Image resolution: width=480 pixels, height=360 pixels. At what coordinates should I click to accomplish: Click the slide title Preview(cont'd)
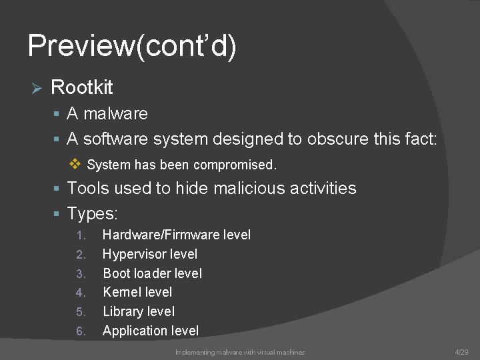[132, 47]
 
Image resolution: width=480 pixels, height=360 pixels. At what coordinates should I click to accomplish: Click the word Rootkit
[81, 87]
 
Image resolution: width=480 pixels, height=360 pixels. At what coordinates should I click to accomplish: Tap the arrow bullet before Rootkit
[37, 88]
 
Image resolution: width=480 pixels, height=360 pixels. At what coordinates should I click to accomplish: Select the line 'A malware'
[107, 113]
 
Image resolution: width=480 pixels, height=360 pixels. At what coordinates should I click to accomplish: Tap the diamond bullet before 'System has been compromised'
[75, 163]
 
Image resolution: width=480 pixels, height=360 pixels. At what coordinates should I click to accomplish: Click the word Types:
[93, 214]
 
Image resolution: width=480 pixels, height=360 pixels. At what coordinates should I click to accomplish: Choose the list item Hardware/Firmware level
[177, 235]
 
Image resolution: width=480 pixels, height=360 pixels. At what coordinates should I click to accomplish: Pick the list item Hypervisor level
[150, 254]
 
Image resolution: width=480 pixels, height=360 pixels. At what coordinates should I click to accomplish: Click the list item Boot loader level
[152, 273]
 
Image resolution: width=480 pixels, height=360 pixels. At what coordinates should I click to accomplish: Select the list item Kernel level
[137, 292]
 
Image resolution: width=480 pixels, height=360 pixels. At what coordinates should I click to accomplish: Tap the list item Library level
[139, 311]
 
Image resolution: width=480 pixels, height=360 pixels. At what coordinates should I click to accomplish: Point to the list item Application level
[151, 331]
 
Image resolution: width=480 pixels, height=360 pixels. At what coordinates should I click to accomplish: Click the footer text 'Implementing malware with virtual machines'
[240, 352]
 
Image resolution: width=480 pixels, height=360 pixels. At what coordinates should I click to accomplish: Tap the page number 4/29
[461, 351]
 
